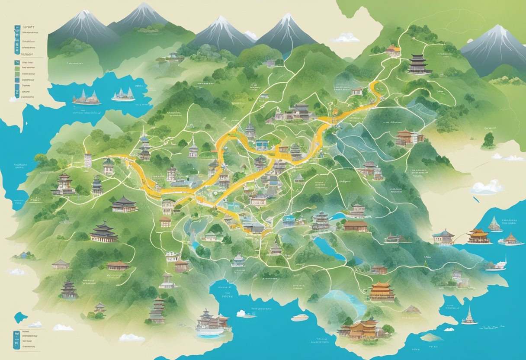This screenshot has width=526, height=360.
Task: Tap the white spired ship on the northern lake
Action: pos(123,95)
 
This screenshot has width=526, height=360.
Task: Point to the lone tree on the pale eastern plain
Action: pos(489,139)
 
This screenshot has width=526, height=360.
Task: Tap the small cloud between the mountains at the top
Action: pos(345,38)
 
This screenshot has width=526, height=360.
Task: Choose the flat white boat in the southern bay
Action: pos(300,318)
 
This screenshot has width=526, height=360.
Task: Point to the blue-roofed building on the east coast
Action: pos(443,237)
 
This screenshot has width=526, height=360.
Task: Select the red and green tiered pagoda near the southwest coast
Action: pos(157,310)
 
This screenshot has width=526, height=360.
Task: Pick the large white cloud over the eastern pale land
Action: pos(487,187)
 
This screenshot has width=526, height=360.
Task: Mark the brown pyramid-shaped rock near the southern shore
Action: pos(413,309)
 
